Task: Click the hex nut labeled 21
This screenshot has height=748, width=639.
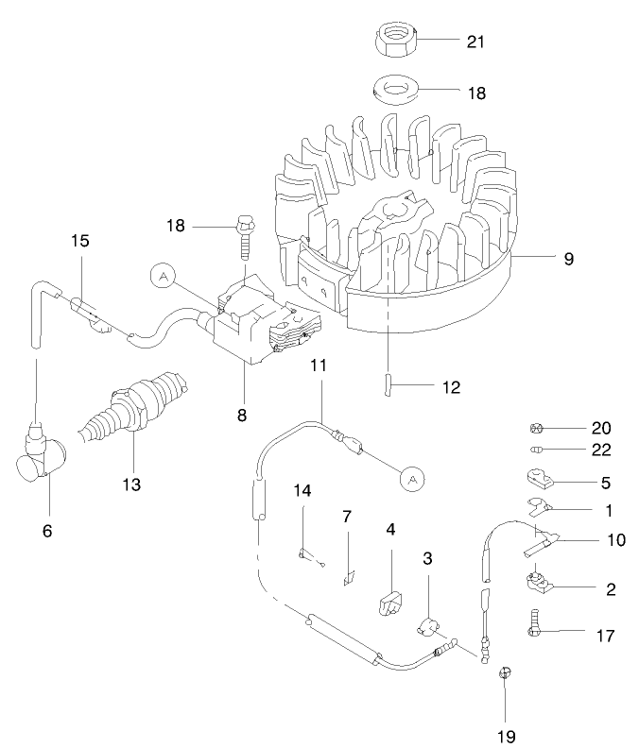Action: pyautogui.click(x=396, y=41)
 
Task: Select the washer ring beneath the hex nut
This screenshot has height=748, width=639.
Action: pyautogui.click(x=396, y=93)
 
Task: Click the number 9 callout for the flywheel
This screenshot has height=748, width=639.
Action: pyautogui.click(x=568, y=257)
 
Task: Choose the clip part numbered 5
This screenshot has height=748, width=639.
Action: pyautogui.click(x=536, y=480)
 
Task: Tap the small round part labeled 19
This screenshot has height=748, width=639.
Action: pyautogui.click(x=505, y=672)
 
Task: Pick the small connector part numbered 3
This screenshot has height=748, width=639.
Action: pyautogui.click(x=428, y=624)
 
